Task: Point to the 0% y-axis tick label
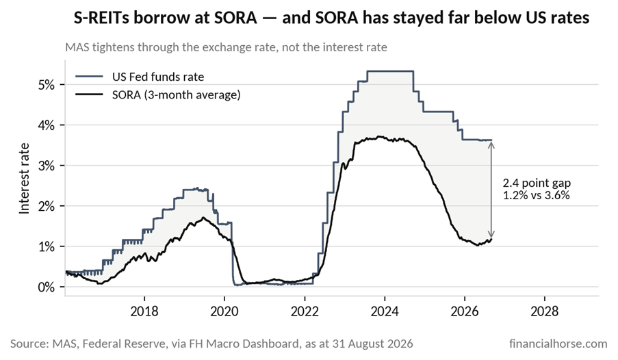tap(47, 287)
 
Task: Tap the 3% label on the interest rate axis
tap(47, 166)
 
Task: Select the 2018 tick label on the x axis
tap(144, 311)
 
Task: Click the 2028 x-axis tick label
tap(544, 311)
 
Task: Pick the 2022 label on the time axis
tap(305, 311)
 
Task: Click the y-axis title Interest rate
tap(25, 179)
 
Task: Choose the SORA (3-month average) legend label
tap(176, 95)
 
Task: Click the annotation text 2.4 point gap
tap(537, 183)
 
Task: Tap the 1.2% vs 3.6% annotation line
tap(537, 195)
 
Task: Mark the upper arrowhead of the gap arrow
tap(491, 144)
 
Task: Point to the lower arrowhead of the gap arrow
tap(491, 234)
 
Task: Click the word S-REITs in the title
tap(101, 18)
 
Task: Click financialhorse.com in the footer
tap(558, 344)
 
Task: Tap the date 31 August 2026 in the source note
tap(370, 344)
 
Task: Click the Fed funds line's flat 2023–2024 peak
tap(390, 71)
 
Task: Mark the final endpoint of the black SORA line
tap(491, 239)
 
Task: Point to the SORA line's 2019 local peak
tap(203, 218)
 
